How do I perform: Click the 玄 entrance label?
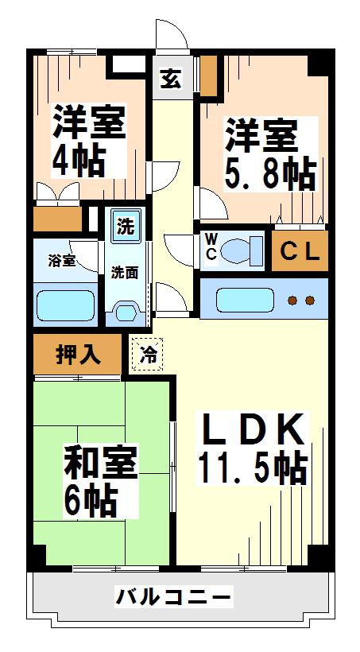coord(171,78)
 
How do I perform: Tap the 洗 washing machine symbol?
coord(125,226)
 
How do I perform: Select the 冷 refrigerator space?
coord(148,355)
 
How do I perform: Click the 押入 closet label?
coord(78,354)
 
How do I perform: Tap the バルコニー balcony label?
coord(172,597)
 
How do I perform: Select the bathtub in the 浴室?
coord(66,305)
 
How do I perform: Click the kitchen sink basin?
coord(245,300)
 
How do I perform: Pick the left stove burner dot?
coord(293,300)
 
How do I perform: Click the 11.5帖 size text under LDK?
coord(253,468)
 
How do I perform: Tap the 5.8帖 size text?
coord(271,173)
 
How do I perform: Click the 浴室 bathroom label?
coord(62,261)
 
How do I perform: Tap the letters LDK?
coord(254,429)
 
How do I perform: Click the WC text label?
coord(211,246)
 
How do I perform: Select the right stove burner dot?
coord(310,300)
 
